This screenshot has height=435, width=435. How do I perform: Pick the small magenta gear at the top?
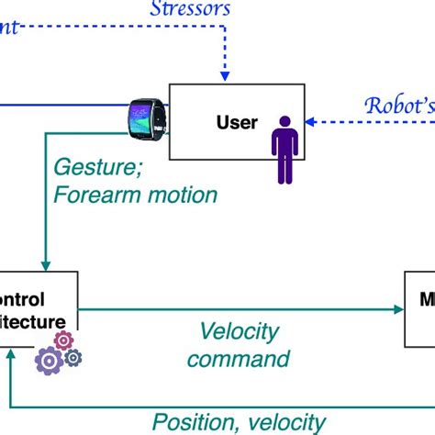pos(63,340)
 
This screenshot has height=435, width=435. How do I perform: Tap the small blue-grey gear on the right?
pos(72,358)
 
